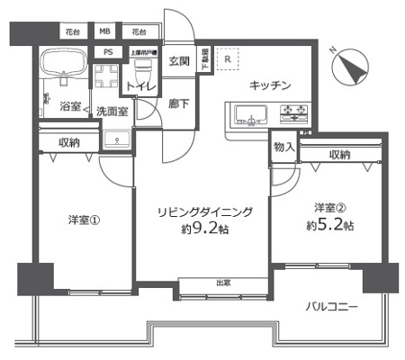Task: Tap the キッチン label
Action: [270, 85]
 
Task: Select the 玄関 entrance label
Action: [178, 61]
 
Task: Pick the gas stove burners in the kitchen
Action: [293, 113]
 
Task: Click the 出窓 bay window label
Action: [222, 283]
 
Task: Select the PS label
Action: [107, 52]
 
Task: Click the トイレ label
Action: [141, 86]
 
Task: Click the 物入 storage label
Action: [283, 146]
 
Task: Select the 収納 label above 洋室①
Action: [70, 141]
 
